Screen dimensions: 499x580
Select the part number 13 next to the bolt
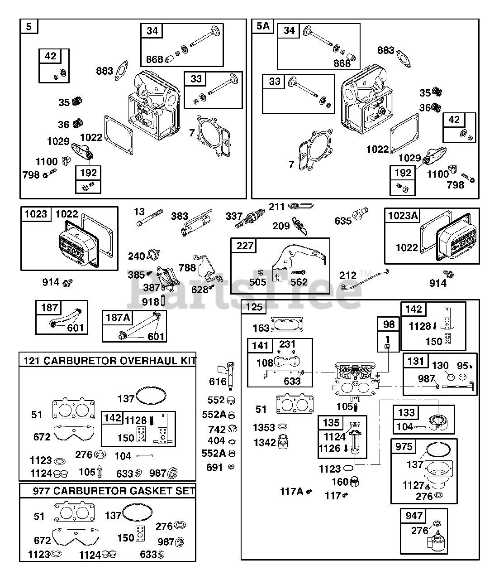(x=139, y=212)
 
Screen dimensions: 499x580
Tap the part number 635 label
(x=343, y=221)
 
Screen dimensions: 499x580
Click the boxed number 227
(x=245, y=246)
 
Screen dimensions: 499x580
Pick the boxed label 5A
(x=263, y=26)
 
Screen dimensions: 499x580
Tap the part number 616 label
(x=218, y=382)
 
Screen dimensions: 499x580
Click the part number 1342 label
(x=265, y=443)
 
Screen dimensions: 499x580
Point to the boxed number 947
(x=414, y=516)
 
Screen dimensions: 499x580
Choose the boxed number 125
(x=254, y=307)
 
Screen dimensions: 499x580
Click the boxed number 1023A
(x=403, y=216)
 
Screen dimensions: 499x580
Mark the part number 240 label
(x=137, y=256)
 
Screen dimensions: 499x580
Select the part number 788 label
(x=187, y=268)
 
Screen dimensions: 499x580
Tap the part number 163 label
(x=261, y=328)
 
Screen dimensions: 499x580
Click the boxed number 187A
(x=118, y=318)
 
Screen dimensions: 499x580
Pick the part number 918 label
(x=151, y=302)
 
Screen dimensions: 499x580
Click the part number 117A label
(x=292, y=491)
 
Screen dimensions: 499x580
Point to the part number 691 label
(x=214, y=468)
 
